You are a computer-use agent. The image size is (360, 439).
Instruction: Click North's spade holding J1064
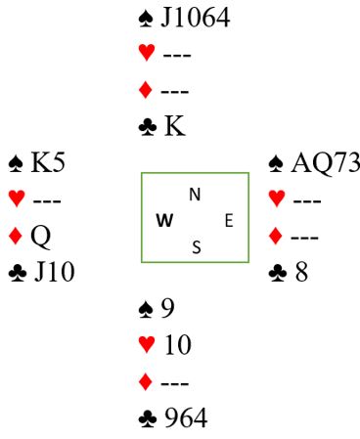(196, 18)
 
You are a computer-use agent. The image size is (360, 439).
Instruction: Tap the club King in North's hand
(175, 126)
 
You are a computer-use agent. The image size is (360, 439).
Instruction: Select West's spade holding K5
(48, 162)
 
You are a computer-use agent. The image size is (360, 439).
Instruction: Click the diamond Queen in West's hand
(41, 237)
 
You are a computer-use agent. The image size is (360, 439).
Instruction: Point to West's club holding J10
(55, 272)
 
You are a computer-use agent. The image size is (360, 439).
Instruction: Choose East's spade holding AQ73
(326, 162)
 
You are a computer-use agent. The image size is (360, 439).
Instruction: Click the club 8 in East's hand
(301, 272)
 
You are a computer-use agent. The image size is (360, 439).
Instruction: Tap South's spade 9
(167, 308)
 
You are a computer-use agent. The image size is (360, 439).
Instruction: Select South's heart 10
(178, 345)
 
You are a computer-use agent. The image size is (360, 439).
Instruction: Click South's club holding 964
(186, 417)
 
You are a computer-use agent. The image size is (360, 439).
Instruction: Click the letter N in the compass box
(195, 195)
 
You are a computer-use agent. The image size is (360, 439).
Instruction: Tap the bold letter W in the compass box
(164, 221)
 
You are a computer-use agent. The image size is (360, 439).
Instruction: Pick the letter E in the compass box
(229, 221)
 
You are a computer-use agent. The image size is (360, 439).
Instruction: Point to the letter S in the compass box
(197, 247)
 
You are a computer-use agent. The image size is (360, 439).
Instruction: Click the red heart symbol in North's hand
(147, 53)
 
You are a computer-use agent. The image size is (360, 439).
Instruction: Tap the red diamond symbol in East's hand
(276, 236)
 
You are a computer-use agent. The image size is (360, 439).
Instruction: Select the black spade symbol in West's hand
(16, 163)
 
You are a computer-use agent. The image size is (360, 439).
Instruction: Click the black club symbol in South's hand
(148, 418)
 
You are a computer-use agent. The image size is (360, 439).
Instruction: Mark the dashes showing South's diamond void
(175, 383)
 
